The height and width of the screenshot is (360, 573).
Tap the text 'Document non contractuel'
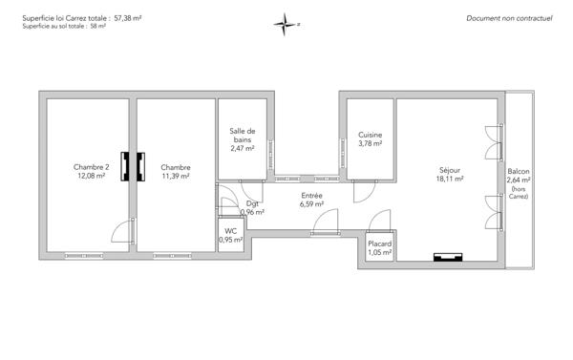[509, 18]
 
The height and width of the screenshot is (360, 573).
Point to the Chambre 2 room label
[92, 167]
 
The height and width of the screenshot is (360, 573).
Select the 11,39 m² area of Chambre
[176, 176]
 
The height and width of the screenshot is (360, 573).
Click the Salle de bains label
[243, 135]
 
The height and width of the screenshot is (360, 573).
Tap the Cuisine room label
[371, 136]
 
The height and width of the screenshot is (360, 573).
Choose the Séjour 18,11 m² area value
[449, 179]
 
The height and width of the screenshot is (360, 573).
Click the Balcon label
[520, 171]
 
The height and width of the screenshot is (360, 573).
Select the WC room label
[231, 231]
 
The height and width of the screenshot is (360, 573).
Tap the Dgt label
[252, 203]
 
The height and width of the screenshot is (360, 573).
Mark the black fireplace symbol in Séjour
[447, 257]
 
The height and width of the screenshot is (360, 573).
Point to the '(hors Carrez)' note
[520, 194]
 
